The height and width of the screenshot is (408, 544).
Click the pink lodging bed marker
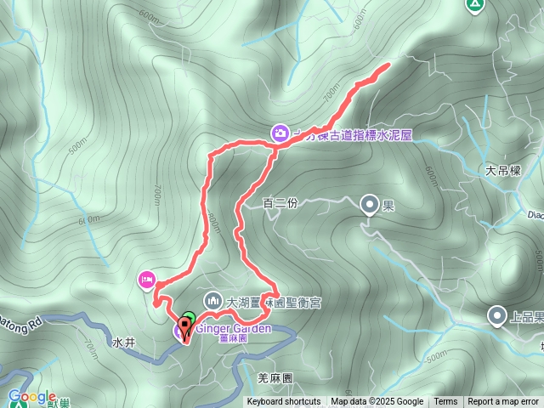pyautogui.click(x=146, y=278)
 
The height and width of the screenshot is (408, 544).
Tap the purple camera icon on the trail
pyautogui.click(x=279, y=133)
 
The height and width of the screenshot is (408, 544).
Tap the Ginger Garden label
pyautogui.click(x=233, y=328)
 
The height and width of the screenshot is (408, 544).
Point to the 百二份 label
pyautogui.click(x=280, y=203)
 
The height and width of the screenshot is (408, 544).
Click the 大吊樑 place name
pyautogui.click(x=501, y=170)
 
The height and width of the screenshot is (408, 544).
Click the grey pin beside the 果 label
pyautogui.click(x=370, y=204)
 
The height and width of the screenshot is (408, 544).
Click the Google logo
pyautogui.click(x=31, y=396)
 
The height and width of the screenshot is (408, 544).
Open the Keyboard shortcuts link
pyautogui.click(x=284, y=402)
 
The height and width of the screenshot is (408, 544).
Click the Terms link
pyautogui.click(x=445, y=402)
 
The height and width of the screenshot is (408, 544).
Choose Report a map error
pyautogui.click(x=503, y=402)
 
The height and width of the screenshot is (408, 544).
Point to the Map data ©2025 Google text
pyautogui.click(x=377, y=402)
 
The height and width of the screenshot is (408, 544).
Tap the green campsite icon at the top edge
pyautogui.click(x=474, y=5)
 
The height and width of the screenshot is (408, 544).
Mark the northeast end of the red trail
pyautogui.click(x=388, y=65)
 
